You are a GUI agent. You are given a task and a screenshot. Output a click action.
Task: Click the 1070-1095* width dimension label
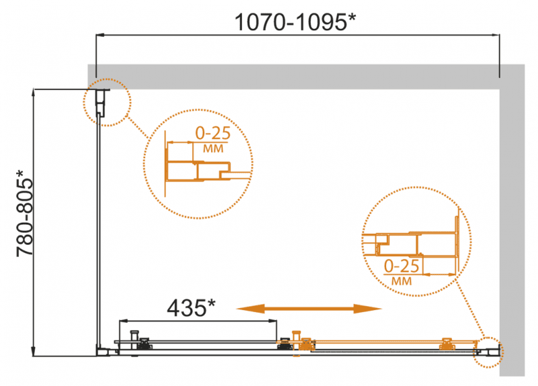click(295, 22)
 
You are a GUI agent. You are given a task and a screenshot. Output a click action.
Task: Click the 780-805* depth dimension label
click(25, 213)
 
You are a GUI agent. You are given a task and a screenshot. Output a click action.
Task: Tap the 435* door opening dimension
click(191, 307)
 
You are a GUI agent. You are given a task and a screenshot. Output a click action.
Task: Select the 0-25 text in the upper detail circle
click(213, 133)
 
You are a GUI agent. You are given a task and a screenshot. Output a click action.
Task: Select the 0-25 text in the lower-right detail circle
click(401, 266)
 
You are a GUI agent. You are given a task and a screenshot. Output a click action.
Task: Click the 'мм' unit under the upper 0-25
click(213, 149)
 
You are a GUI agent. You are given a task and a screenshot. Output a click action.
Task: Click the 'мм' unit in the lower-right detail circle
click(401, 281)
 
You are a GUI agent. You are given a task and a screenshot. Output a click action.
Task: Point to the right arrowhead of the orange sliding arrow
click(368, 309)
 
